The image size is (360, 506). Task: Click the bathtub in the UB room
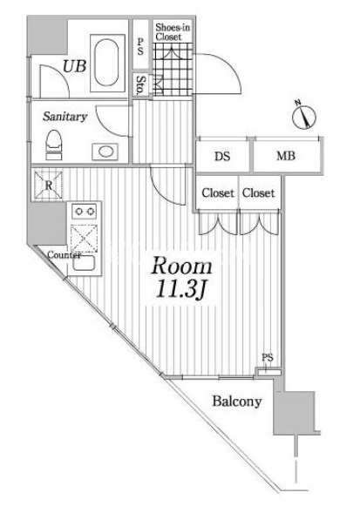point(107,63)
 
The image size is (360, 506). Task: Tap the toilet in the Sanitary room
point(53,145)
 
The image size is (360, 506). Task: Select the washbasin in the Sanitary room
point(105,152)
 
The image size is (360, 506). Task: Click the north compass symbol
point(303,115)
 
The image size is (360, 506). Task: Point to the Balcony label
point(237,401)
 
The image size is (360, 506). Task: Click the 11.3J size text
point(180,288)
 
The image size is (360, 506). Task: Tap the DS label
point(222,157)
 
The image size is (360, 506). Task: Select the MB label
point(286,156)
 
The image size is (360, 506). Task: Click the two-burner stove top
point(85,212)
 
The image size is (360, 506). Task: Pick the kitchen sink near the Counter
point(84,263)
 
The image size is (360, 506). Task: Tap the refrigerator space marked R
point(48,185)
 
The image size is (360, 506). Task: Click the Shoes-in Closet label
point(173,32)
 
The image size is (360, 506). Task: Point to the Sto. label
point(140,84)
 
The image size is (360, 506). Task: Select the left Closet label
point(218,193)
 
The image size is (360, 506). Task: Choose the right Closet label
point(258,193)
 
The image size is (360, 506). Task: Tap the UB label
point(74,66)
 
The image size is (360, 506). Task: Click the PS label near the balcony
point(268,358)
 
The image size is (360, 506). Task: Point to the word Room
point(182,266)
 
